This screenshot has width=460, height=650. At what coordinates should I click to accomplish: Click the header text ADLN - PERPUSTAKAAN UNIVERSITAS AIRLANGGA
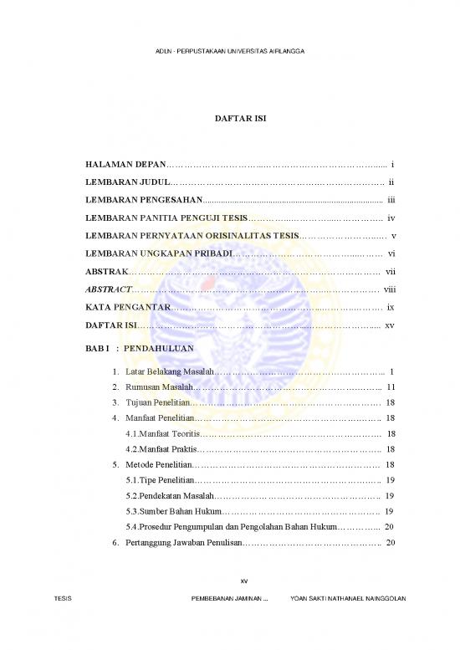click(230, 52)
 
